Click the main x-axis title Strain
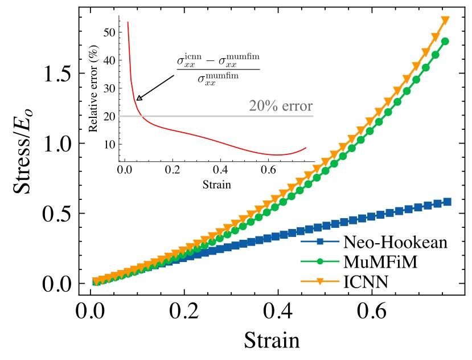pos(272,341)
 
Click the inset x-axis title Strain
pos(215,185)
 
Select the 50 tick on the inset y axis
pos(109,32)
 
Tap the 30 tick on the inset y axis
pos(109,88)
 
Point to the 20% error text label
pos(281,107)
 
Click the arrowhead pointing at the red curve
pos(138,99)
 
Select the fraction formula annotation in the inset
pos(218,69)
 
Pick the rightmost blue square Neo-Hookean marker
pos(447,202)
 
